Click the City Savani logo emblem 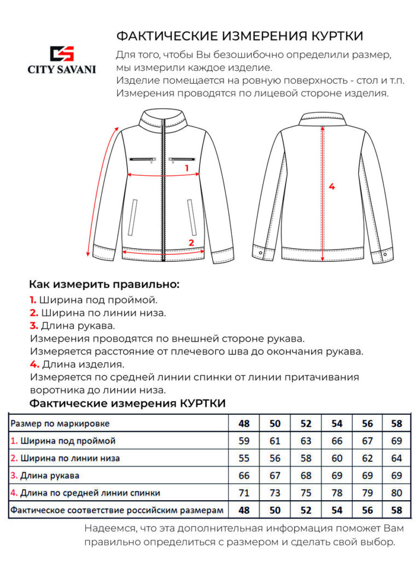(62, 54)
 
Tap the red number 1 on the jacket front (187, 168)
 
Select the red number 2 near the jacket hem (191, 242)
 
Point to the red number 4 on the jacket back (331, 186)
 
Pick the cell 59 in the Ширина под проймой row (244, 441)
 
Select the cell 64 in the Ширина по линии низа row (397, 458)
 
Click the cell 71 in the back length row (244, 493)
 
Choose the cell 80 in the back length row (397, 493)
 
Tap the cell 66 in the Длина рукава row (244, 476)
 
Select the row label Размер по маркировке (60, 423)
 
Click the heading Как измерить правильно (104, 284)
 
